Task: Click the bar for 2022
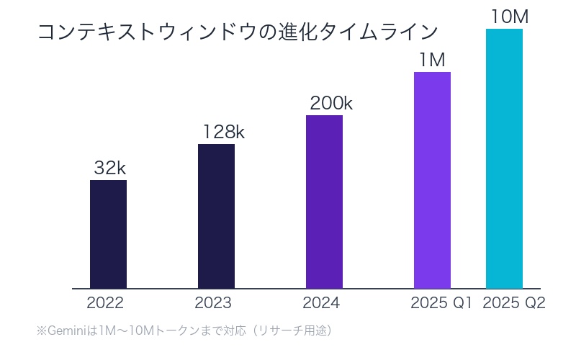click(x=108, y=234)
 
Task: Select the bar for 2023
click(x=216, y=216)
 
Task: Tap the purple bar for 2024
click(x=324, y=202)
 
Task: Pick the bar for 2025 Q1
click(x=432, y=180)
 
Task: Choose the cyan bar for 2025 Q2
click(x=504, y=158)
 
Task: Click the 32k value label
click(x=110, y=168)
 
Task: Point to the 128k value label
click(x=223, y=132)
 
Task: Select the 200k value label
click(x=331, y=104)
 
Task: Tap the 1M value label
click(x=432, y=60)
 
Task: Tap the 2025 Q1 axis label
click(x=441, y=303)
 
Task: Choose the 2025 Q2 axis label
click(x=514, y=303)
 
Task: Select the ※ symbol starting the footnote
click(x=41, y=331)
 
